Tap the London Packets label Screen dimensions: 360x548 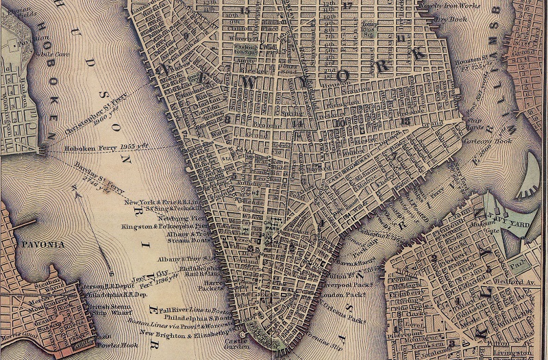346,296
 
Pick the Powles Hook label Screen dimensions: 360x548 112,346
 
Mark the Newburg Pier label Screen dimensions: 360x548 172,216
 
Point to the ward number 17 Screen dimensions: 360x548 347,6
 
